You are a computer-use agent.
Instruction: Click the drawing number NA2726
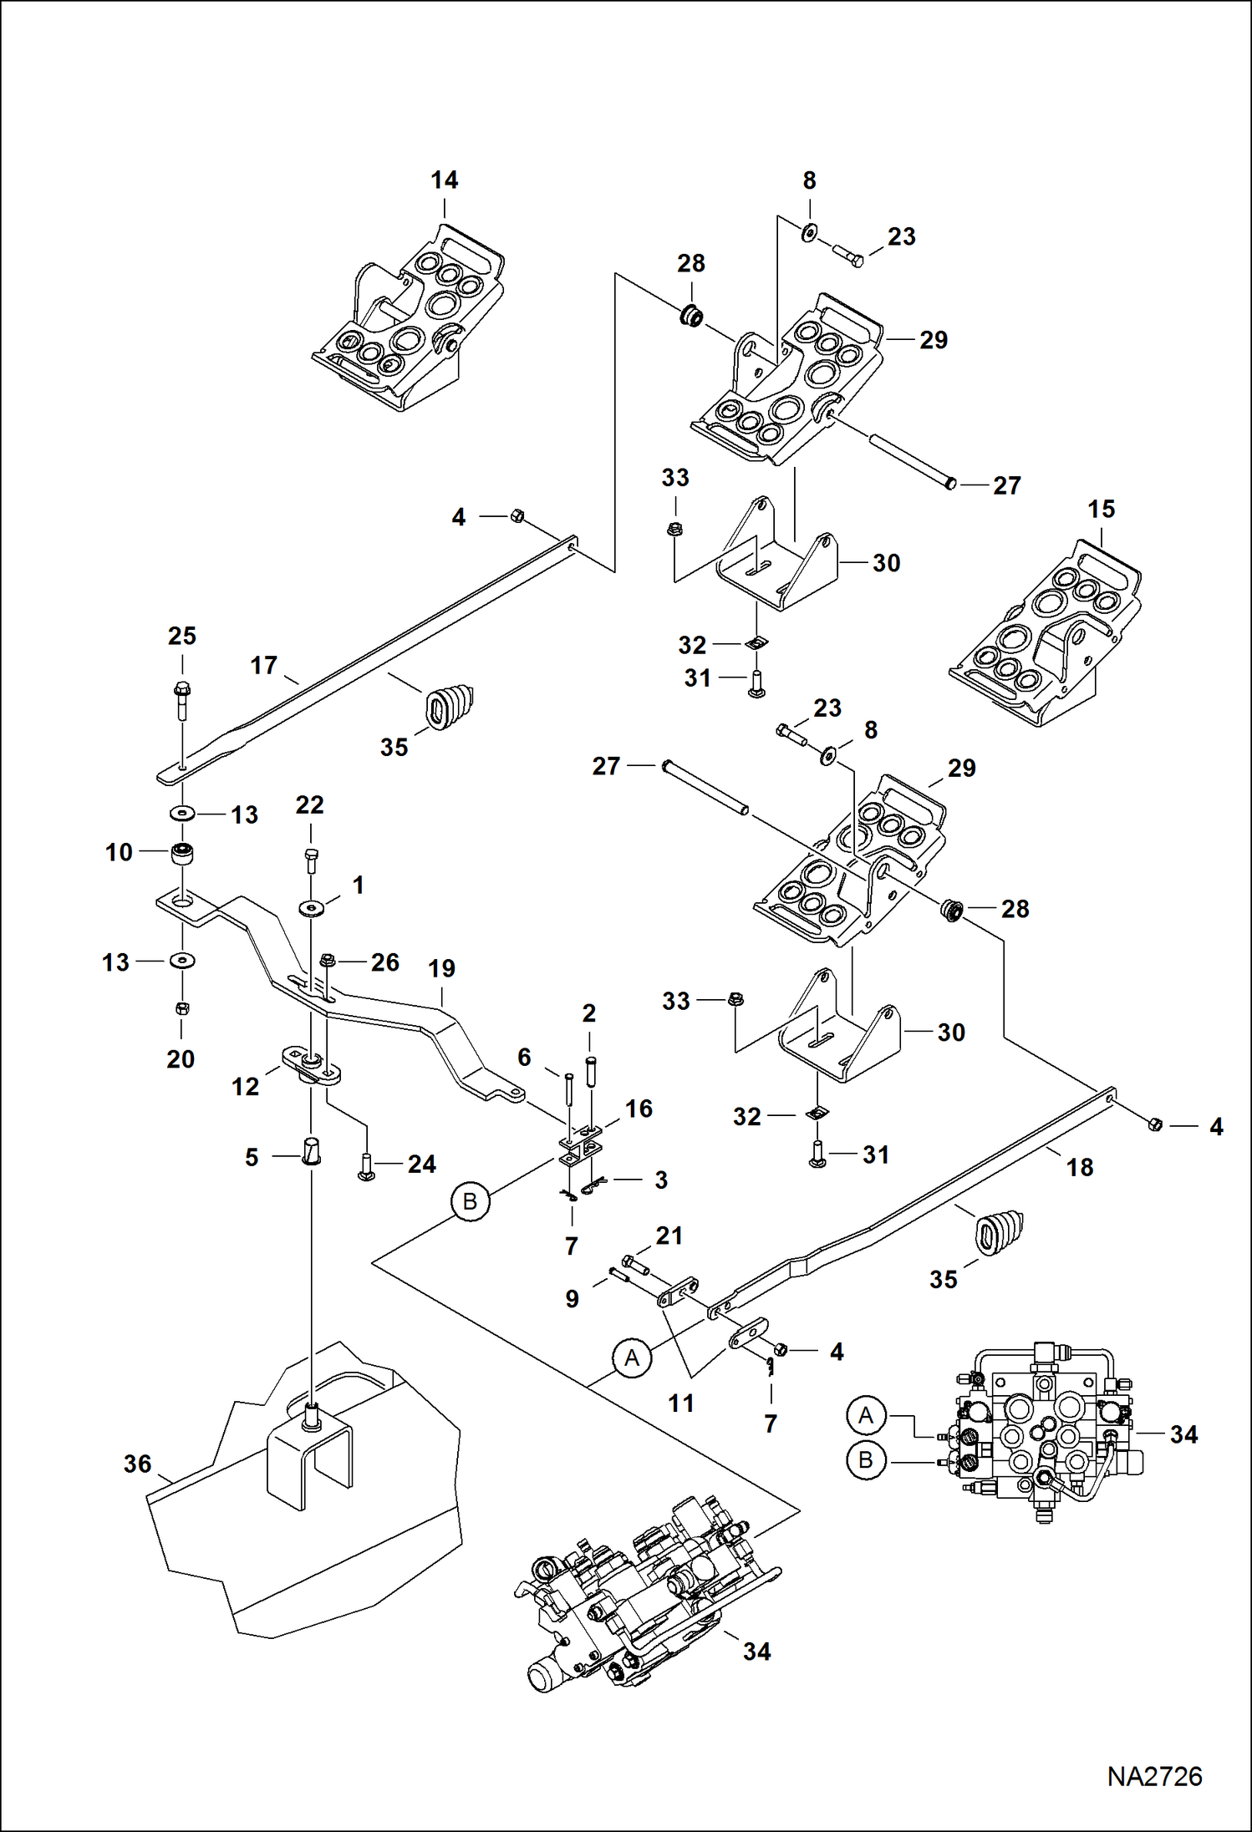(1154, 1776)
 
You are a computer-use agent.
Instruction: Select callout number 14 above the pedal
(444, 180)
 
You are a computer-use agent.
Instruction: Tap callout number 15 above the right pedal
(1101, 509)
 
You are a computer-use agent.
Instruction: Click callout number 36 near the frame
(137, 1464)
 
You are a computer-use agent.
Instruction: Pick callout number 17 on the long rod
(263, 665)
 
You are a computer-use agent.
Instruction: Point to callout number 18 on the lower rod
(1079, 1167)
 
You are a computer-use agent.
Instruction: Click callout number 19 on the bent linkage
(441, 968)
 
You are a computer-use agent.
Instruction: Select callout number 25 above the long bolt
(181, 636)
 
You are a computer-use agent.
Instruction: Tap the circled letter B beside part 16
(470, 1201)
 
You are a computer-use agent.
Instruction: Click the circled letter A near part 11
(632, 1358)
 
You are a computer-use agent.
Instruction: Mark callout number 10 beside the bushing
(119, 852)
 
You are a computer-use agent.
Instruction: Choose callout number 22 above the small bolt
(309, 804)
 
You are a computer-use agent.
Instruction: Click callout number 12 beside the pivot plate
(245, 1086)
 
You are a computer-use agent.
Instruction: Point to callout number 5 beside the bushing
(252, 1157)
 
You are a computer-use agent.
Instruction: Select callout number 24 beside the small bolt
(421, 1164)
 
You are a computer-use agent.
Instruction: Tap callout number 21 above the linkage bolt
(669, 1236)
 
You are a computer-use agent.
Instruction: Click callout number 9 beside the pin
(572, 1298)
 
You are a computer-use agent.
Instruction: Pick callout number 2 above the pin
(588, 1013)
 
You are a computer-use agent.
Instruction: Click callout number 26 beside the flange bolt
(384, 962)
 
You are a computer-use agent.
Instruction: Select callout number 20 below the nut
(181, 1058)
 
